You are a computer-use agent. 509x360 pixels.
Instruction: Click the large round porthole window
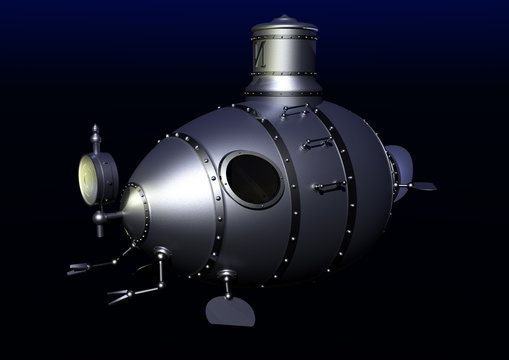coord(252,179)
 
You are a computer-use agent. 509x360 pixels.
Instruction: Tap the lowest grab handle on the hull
coord(329,186)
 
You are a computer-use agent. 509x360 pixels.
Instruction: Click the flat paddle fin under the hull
coord(229,311)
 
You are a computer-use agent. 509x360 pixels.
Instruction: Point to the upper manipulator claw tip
coord(78,268)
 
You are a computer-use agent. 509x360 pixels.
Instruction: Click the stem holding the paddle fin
coord(226,286)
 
